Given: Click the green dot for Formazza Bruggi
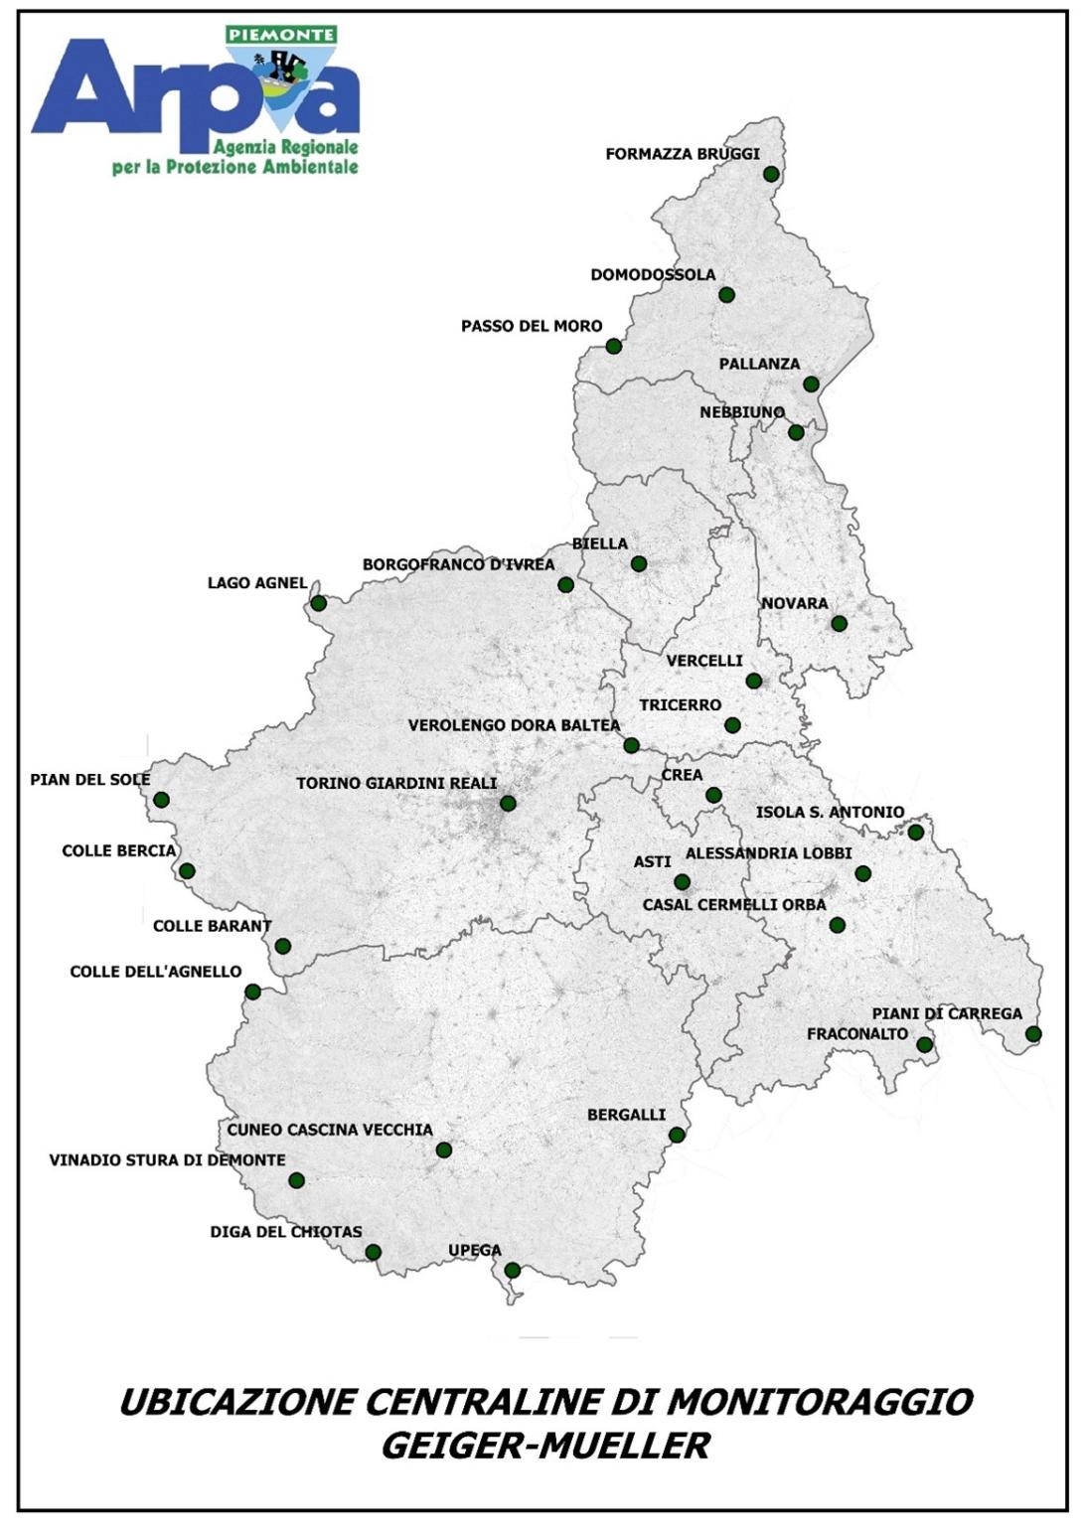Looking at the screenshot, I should [771, 174].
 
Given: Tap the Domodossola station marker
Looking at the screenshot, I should [726, 295].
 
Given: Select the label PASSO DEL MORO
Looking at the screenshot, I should [532, 326].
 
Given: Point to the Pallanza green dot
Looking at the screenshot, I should [811, 384].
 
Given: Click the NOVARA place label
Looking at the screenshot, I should [795, 603].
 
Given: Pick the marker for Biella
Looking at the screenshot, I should [639, 564].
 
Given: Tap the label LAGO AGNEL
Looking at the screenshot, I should [257, 583].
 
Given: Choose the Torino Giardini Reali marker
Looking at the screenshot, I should [508, 804].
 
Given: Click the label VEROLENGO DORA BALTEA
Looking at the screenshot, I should [514, 725].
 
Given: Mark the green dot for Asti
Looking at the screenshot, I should [682, 882].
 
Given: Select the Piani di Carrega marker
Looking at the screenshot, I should [1033, 1034].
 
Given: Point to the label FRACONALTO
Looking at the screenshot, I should [857, 1034].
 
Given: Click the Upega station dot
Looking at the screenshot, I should [513, 1270].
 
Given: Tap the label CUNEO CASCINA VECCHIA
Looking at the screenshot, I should [330, 1130].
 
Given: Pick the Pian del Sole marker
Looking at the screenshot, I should [162, 800].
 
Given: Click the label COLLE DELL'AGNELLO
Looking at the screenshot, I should [156, 971].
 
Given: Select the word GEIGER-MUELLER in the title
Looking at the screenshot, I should [545, 1446].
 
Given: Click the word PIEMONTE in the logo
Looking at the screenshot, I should [281, 35].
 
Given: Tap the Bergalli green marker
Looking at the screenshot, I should [677, 1135].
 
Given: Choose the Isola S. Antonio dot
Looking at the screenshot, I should [916, 833].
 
